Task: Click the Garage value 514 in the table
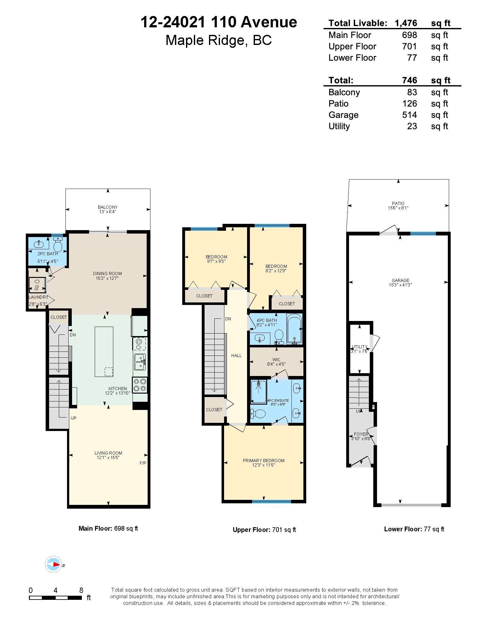tap(409, 115)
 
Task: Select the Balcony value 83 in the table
tap(412, 92)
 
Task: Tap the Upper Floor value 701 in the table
tap(409, 47)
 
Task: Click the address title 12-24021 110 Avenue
tap(219, 22)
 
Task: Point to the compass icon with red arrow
tap(54, 564)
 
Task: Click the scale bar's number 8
tap(81, 590)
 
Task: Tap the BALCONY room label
tap(108, 207)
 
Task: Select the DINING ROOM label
tap(107, 274)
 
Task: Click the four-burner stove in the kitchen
tap(140, 385)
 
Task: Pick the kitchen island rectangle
tap(104, 351)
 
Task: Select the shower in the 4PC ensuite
tap(259, 391)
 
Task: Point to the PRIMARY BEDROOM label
tap(264, 461)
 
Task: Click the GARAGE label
tap(401, 280)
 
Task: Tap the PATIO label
tap(398, 203)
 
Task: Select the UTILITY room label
tap(359, 347)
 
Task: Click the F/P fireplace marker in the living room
tap(143, 463)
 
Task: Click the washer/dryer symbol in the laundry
tap(37, 285)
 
